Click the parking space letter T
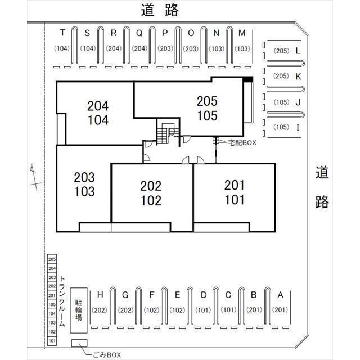(x=62, y=33)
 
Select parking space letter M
(x=242, y=33)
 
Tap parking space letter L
(x=298, y=51)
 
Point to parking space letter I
(x=298, y=128)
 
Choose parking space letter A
(x=280, y=295)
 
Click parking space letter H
(x=100, y=294)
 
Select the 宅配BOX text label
(x=242, y=143)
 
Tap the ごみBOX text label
(x=107, y=355)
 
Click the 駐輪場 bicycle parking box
(x=79, y=310)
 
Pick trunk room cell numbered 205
(x=52, y=259)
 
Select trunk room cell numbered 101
(x=52, y=341)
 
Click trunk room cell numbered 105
(x=52, y=304)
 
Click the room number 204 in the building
(x=98, y=106)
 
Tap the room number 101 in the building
(x=235, y=200)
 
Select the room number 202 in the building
(x=151, y=186)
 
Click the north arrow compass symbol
(x=35, y=177)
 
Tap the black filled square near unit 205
(x=248, y=79)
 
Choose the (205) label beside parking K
(x=281, y=76)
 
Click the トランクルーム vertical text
(x=62, y=301)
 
